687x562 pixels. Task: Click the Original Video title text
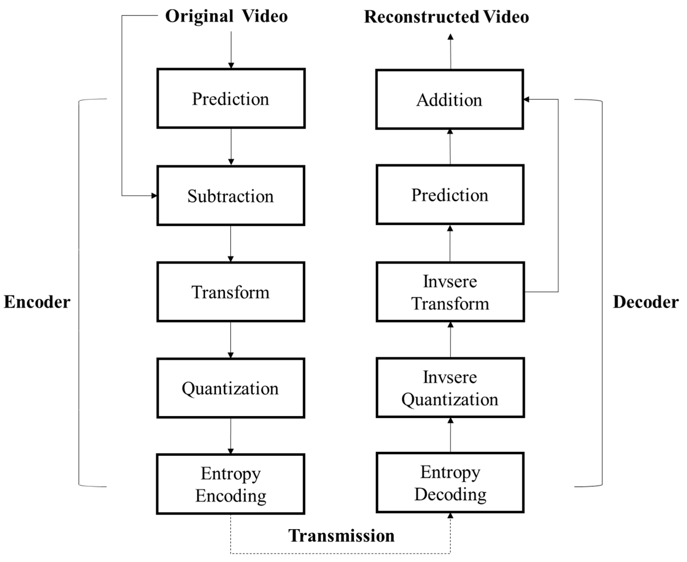pyautogui.click(x=226, y=16)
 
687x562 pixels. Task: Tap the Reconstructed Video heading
pyautogui.click(x=446, y=17)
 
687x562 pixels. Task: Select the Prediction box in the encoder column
pyautogui.click(x=231, y=98)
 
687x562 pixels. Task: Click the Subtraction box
pyautogui.click(x=231, y=196)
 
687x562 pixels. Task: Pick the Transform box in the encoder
pyautogui.click(x=231, y=292)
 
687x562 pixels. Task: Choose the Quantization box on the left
pyautogui.click(x=231, y=388)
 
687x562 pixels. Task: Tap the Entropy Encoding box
pyautogui.click(x=231, y=484)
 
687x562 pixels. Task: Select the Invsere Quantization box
pyautogui.click(x=450, y=388)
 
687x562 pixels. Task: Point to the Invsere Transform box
pyautogui.click(x=450, y=292)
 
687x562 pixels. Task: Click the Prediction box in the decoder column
pyautogui.click(x=450, y=195)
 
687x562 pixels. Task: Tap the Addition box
pyautogui.click(x=450, y=99)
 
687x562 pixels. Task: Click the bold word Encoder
pyautogui.click(x=37, y=302)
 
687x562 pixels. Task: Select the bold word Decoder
pyautogui.click(x=646, y=302)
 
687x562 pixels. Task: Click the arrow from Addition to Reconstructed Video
pyautogui.click(x=450, y=52)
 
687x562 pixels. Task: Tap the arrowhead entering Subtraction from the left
pyautogui.click(x=154, y=196)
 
